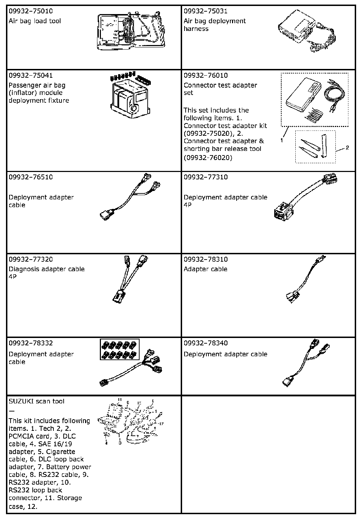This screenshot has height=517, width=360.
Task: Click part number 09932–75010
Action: [x=31, y=11]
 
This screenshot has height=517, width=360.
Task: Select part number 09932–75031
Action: [x=206, y=11]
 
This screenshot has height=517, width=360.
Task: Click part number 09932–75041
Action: [x=31, y=75]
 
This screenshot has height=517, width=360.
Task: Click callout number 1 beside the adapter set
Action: [x=282, y=140]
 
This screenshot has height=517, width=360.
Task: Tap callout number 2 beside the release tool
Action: [x=347, y=148]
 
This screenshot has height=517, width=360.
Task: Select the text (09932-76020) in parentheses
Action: [x=208, y=158]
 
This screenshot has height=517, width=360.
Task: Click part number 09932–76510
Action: [x=31, y=177]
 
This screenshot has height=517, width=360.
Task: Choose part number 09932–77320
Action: [x=31, y=259]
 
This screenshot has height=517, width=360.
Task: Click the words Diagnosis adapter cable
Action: [x=47, y=269]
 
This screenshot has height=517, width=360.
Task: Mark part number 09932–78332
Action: [x=31, y=343]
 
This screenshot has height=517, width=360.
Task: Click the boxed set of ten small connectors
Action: [x=120, y=350]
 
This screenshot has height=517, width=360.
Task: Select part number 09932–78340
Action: [x=206, y=343]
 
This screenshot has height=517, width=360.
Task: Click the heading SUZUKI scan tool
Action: [x=37, y=401]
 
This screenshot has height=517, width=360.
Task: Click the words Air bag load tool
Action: [x=35, y=21]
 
